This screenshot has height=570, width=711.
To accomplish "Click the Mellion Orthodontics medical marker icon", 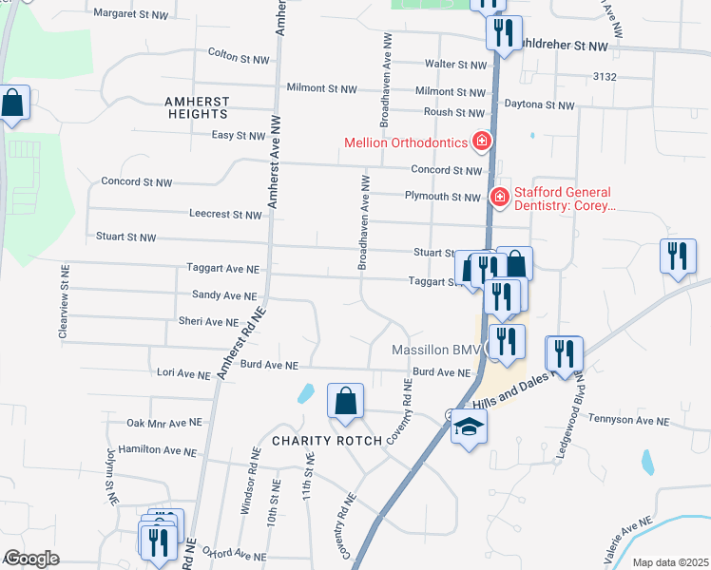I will click(482, 142).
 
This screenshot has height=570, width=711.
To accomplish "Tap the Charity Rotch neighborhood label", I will click(327, 441).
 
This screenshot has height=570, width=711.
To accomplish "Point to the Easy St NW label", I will click(238, 136).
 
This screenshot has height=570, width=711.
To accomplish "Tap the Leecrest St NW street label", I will click(225, 215).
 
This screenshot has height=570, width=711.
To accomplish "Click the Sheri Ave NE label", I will click(207, 322).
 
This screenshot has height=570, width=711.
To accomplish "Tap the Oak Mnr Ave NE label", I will click(163, 422).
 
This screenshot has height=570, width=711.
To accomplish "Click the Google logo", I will click(31, 559).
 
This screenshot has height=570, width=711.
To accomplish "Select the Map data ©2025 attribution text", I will click(670, 562).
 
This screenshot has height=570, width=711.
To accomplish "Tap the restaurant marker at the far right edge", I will click(678, 257).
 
